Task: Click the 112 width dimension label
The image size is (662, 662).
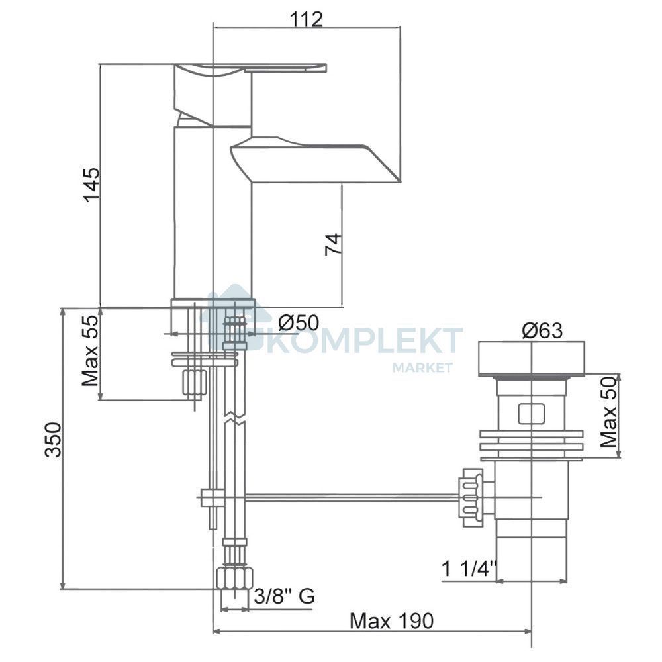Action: pos(307,19)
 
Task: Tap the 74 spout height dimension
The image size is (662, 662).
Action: pos(333,244)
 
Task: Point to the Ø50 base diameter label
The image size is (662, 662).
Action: pos(299,323)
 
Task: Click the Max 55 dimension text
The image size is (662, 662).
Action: pos(90,352)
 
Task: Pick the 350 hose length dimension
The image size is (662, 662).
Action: pos(54,440)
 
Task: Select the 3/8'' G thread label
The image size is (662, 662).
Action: pos(285,596)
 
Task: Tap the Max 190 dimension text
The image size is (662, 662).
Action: pos(391,621)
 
